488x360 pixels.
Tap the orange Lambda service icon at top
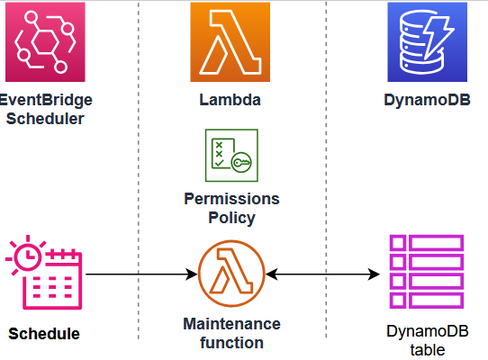click(x=230, y=41)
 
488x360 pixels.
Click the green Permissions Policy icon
click(x=230, y=156)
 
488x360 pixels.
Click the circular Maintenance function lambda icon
click(x=230, y=274)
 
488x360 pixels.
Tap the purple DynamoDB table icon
click(x=425, y=274)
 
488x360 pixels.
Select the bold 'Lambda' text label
click(x=230, y=100)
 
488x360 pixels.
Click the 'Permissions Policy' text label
click(x=231, y=208)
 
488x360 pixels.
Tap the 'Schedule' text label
click(x=44, y=334)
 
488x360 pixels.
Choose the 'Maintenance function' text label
click(x=231, y=333)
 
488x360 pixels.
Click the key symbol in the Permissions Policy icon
click(x=240, y=163)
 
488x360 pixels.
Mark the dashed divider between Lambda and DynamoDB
click(x=326, y=180)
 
